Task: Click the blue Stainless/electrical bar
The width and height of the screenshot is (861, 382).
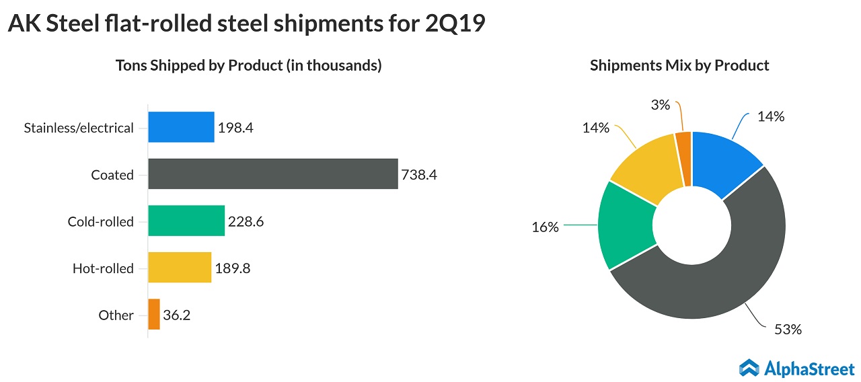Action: click(181, 127)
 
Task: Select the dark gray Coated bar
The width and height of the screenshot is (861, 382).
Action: click(272, 174)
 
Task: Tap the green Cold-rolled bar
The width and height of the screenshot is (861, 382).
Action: click(186, 221)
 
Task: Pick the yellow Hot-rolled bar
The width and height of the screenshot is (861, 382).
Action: click(180, 268)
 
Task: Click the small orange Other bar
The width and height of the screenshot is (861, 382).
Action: click(154, 314)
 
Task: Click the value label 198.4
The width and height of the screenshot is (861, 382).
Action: click(235, 128)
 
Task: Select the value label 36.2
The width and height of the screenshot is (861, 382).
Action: click(177, 315)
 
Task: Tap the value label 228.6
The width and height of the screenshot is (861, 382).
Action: click(245, 221)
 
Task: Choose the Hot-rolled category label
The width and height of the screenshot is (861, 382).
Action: click(103, 268)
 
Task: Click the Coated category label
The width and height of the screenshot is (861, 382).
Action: click(112, 175)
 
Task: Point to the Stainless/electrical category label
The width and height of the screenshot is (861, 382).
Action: click(79, 128)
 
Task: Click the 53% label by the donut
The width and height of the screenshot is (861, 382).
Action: click(788, 330)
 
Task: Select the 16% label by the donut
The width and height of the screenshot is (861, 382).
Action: click(545, 227)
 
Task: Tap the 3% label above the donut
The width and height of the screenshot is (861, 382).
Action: click(660, 105)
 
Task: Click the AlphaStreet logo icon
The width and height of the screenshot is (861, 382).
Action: click(749, 367)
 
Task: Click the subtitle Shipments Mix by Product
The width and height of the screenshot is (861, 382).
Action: click(679, 65)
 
